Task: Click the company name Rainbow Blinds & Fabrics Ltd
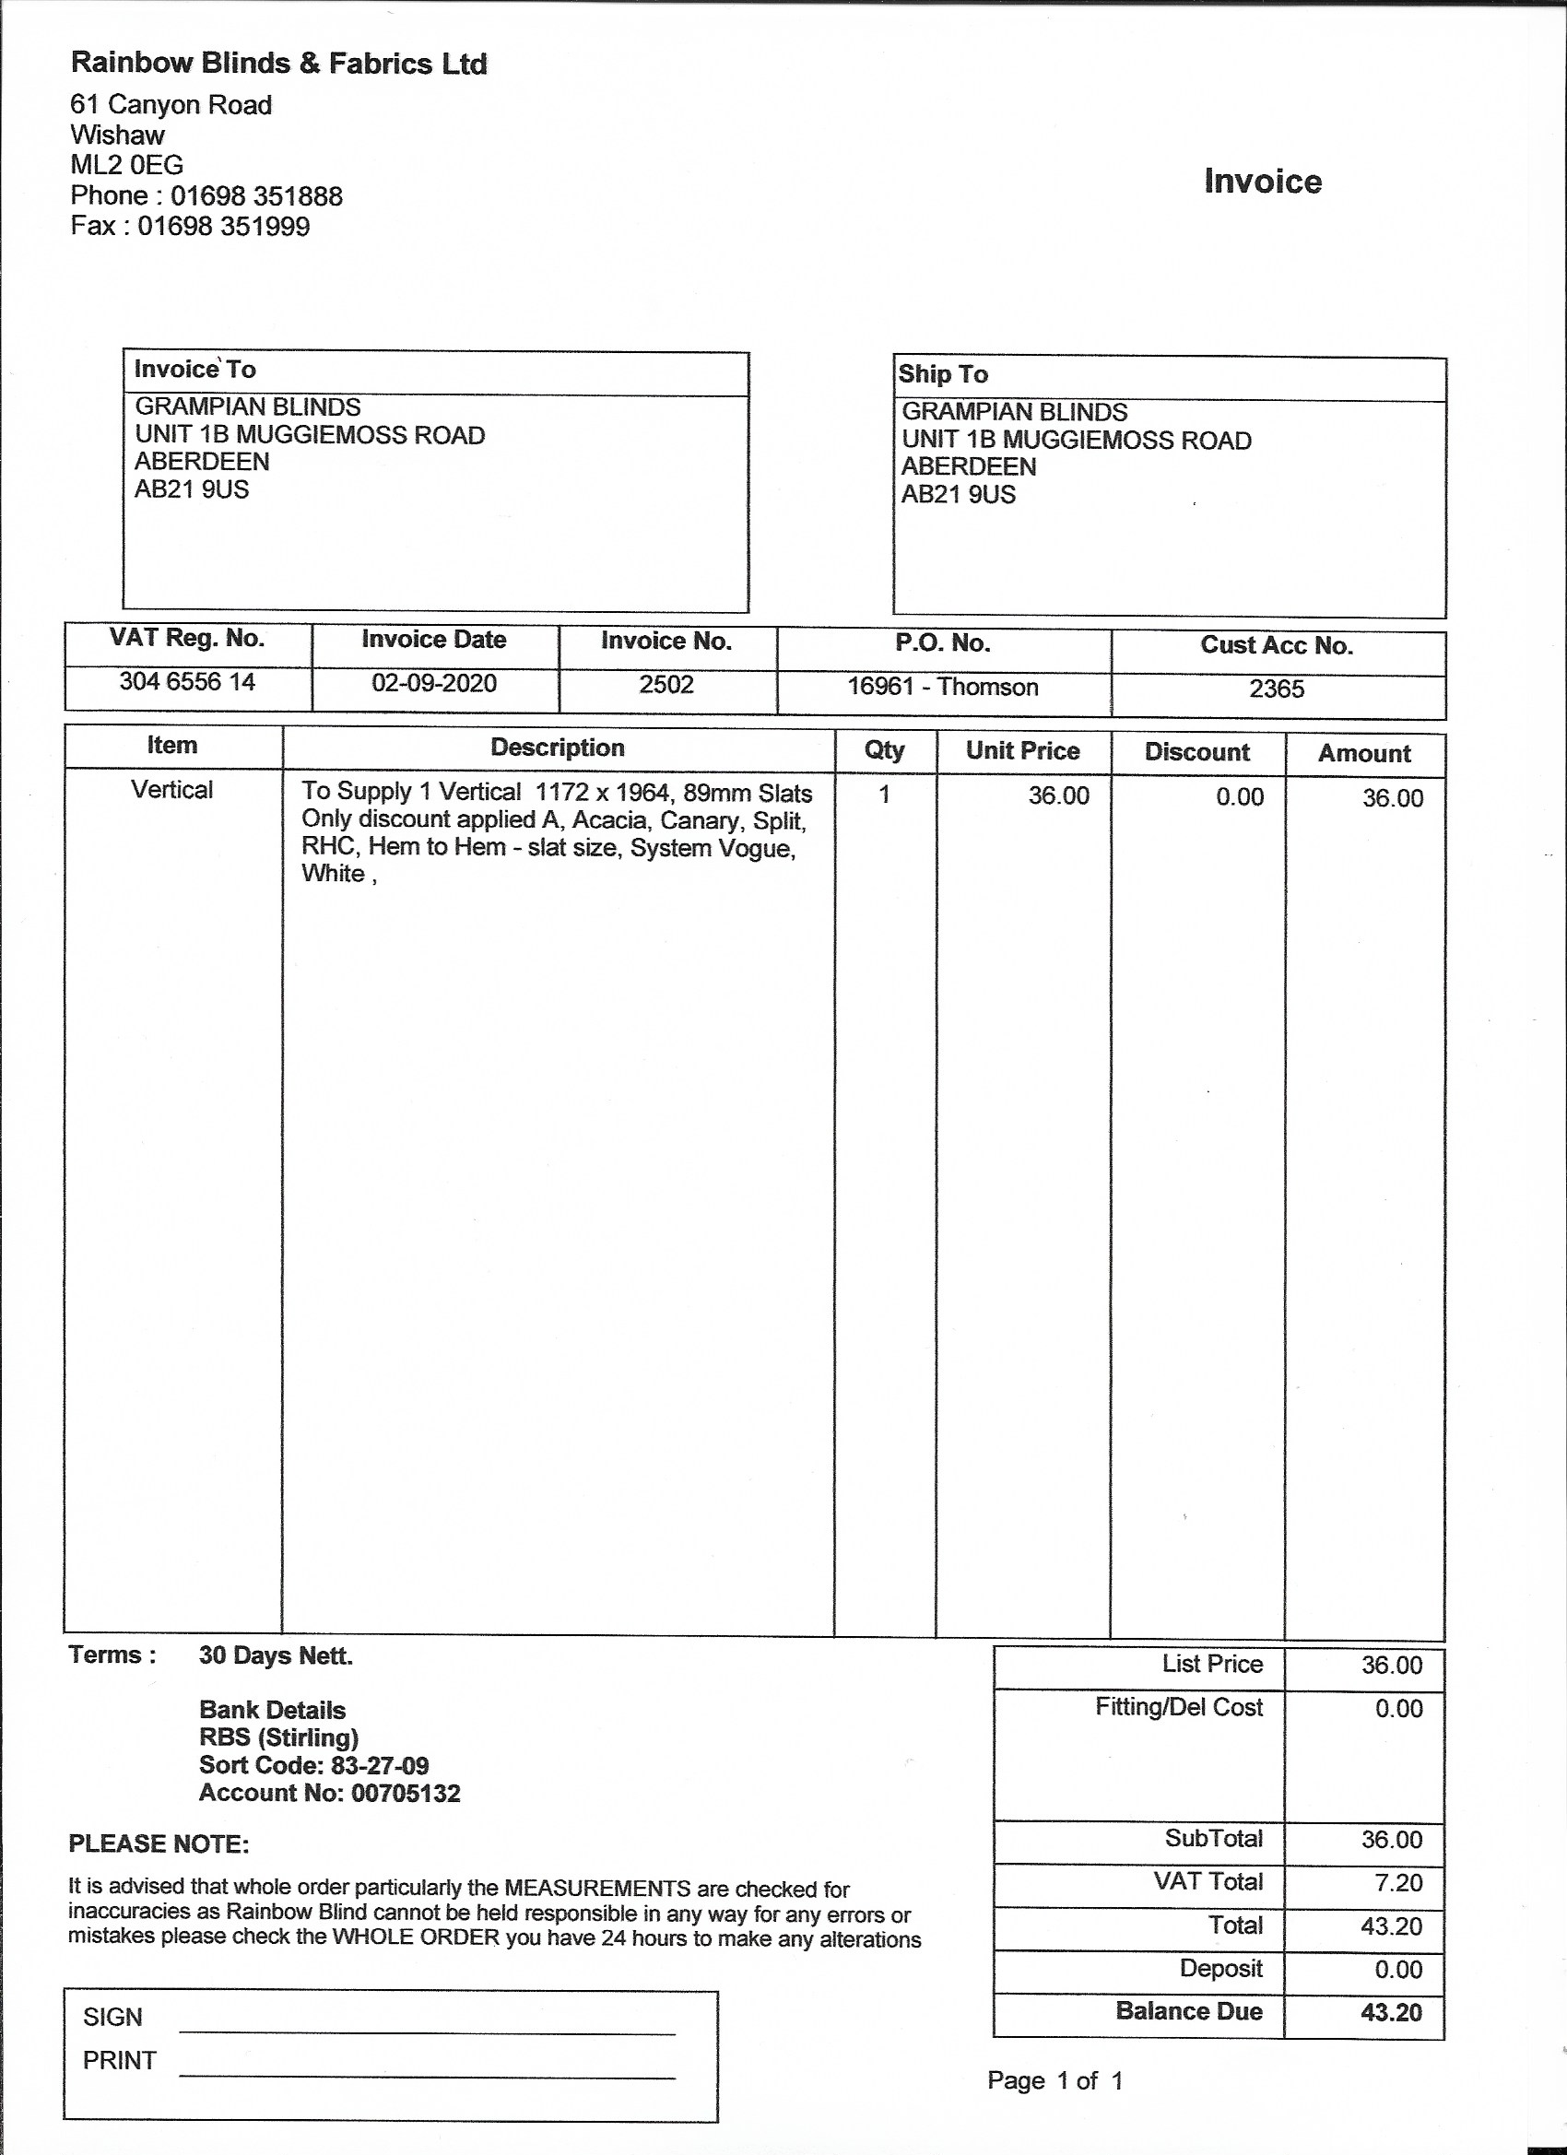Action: [278, 64]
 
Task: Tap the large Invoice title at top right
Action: [1262, 182]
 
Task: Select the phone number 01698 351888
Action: [256, 195]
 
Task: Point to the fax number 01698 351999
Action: [223, 226]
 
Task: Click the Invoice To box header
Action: [194, 370]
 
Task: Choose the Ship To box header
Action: [943, 374]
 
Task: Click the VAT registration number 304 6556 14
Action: [187, 681]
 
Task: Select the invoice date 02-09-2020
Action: [433, 683]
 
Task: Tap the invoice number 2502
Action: [666, 684]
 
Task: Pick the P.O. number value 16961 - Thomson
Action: [943, 686]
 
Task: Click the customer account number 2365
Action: [1277, 689]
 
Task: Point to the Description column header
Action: [557, 748]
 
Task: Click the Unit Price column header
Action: [1022, 750]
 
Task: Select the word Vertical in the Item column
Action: [172, 790]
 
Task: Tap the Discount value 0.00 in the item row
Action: [1239, 797]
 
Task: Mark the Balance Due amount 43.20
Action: [1391, 2011]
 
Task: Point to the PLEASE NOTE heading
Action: [159, 1844]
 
